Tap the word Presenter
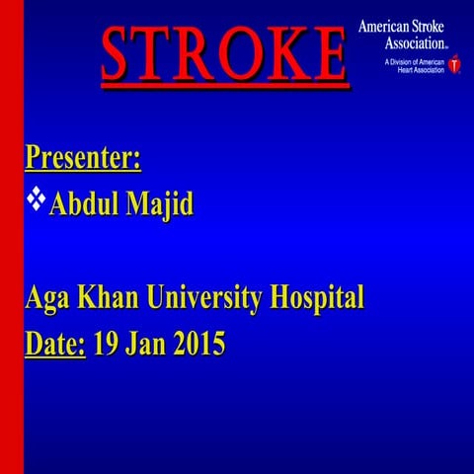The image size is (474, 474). pos(82,157)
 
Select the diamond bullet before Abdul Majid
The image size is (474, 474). pos(37,199)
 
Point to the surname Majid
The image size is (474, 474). pos(164,205)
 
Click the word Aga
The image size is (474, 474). pos(49,297)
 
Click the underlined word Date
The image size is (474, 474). pos(54,345)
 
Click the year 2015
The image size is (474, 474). pos(200,345)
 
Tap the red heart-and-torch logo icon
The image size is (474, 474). pos(454,65)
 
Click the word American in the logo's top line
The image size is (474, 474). pos(385,26)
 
